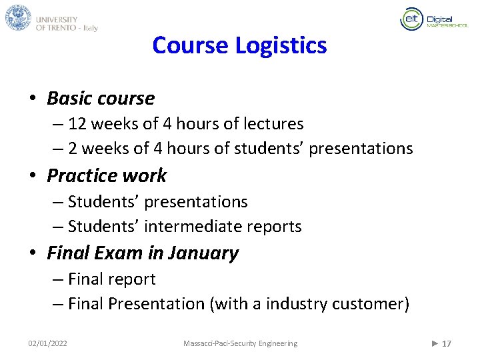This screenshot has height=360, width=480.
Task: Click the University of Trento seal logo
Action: pos(19,17)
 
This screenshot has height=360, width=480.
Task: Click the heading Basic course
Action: pos(101,99)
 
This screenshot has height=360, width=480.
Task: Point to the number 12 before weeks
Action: pos(77,124)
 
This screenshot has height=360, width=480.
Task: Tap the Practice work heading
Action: pos(107,176)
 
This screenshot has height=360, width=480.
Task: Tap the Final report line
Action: pos(111,279)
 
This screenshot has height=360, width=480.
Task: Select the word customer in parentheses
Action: pos(373,304)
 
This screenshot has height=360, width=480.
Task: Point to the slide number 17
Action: pos(447,344)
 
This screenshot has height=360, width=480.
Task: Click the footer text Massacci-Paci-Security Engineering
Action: pos(241,343)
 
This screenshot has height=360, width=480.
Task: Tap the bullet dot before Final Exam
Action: pos(33,254)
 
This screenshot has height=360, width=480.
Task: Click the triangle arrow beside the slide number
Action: pos(435,343)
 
